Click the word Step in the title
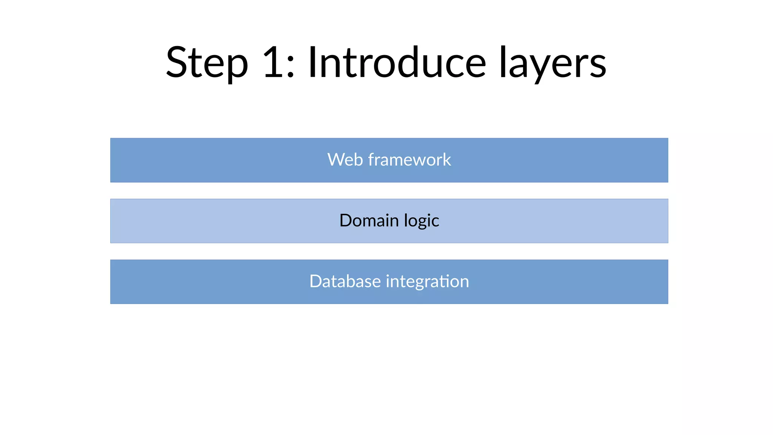coord(207,63)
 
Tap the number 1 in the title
coord(273,62)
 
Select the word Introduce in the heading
coord(397,62)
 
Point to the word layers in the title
coord(553,63)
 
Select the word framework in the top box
coord(410,159)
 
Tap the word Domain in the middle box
coord(369,220)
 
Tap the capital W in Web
coord(336,159)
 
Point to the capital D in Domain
coord(346,220)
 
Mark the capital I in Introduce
coord(312,62)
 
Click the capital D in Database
coord(316,281)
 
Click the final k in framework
coord(447,159)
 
